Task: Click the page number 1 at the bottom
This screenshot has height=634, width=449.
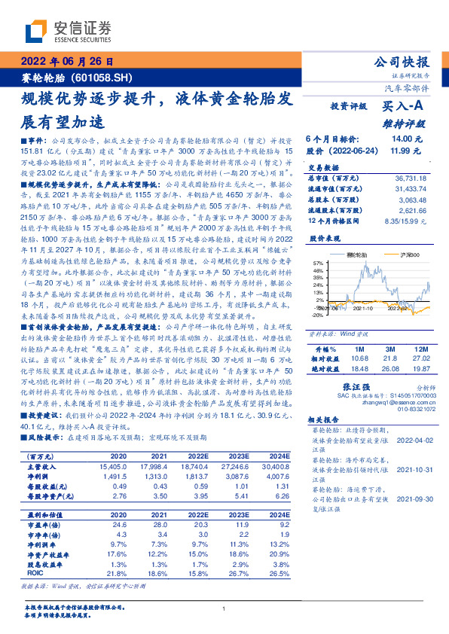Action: (x=225, y=609)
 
